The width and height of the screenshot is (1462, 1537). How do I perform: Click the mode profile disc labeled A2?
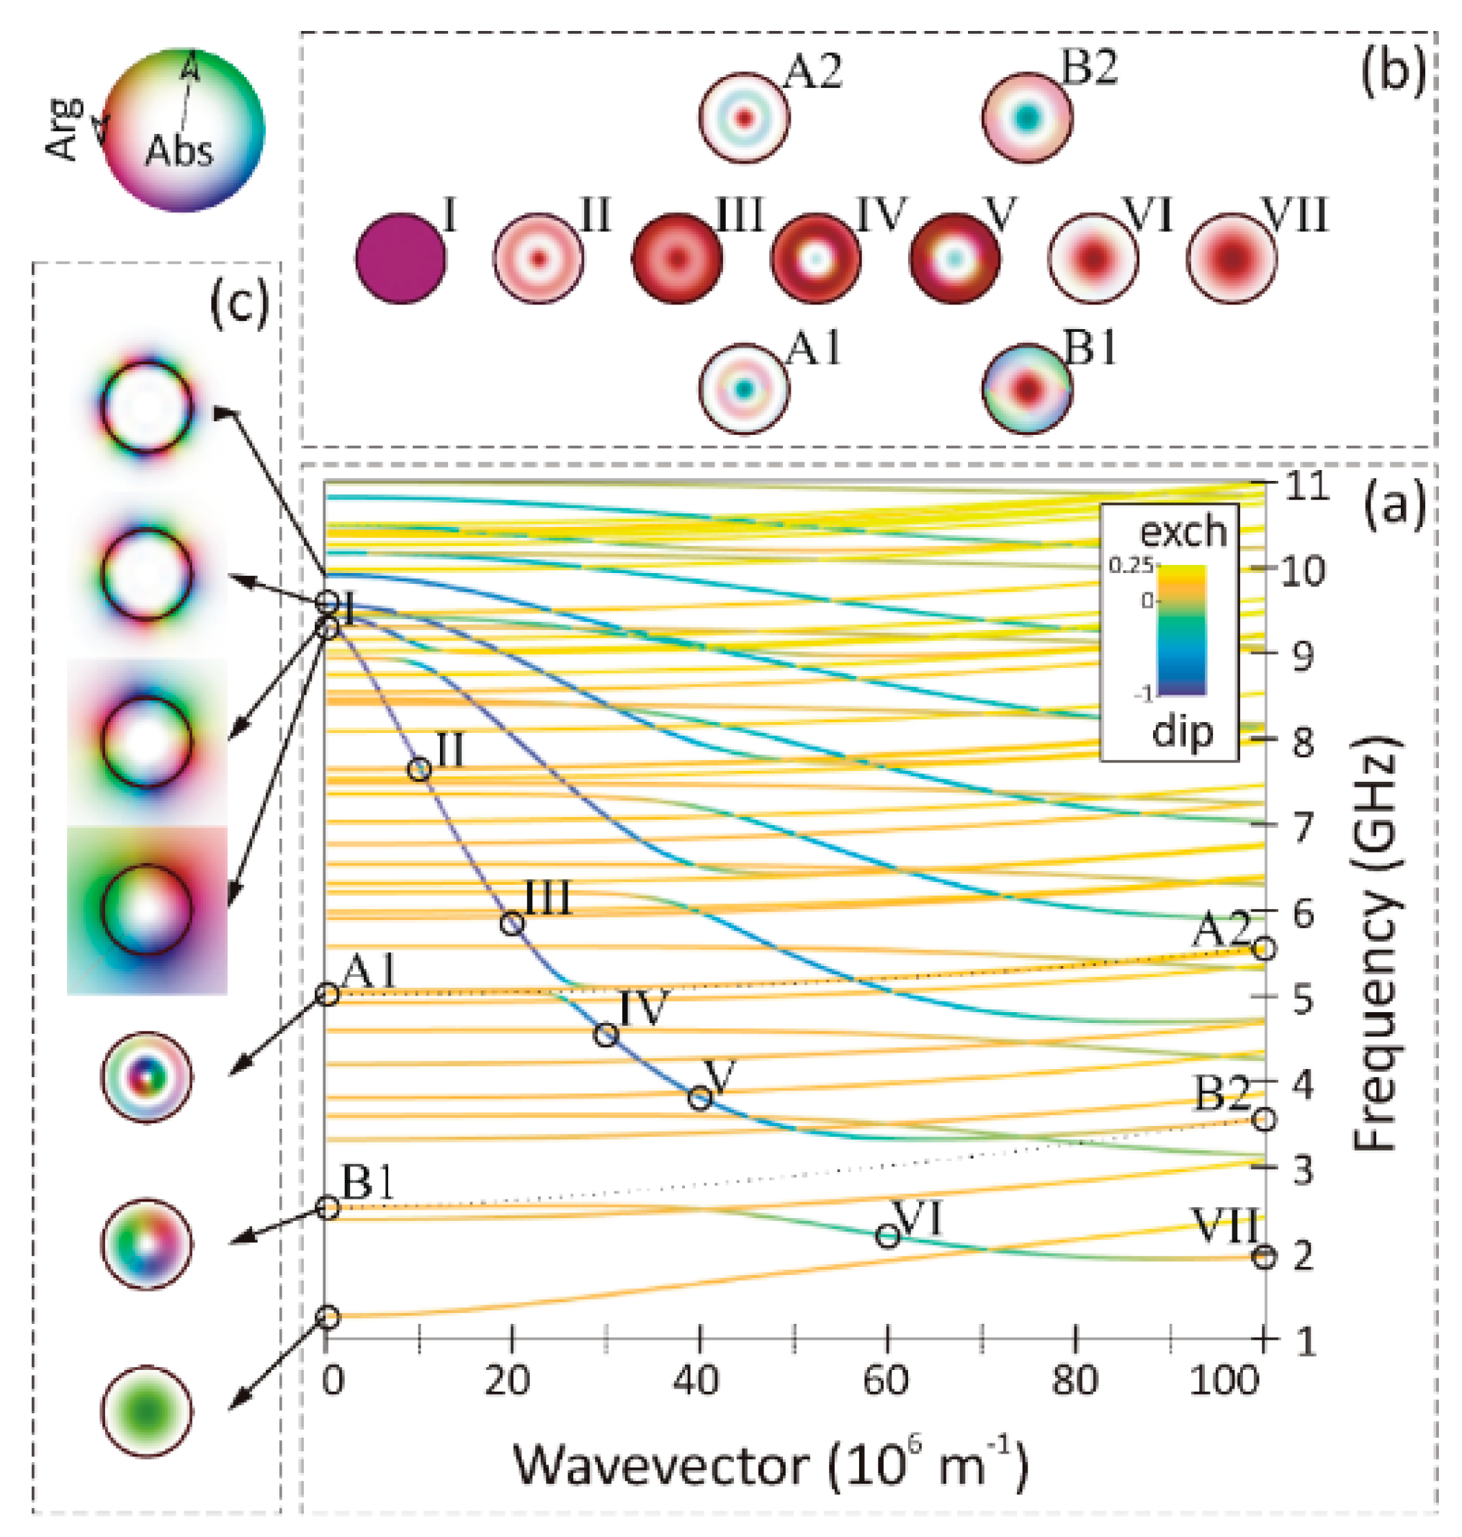tap(744, 118)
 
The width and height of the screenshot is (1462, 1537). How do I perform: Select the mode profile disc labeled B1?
tap(1027, 388)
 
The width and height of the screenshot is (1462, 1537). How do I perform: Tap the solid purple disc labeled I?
tap(400, 258)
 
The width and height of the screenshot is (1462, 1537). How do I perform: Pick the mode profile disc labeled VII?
tap(1232, 258)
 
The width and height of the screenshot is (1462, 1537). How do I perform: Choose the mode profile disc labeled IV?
tap(816, 258)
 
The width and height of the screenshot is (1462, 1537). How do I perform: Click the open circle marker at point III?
tap(511, 924)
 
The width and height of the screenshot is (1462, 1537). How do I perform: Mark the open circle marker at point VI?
tap(887, 1235)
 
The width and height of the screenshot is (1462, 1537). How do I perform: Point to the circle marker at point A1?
tap(328, 995)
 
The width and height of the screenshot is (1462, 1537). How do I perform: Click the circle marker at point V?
tap(700, 1099)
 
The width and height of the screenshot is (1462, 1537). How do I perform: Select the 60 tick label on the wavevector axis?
tap(886, 1382)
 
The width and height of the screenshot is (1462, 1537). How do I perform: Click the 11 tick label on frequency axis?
tap(1306, 486)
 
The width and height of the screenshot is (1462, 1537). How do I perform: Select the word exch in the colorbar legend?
tap(1183, 532)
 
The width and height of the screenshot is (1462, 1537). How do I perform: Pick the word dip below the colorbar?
tap(1183, 732)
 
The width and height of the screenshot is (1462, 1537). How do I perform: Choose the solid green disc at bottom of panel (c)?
tap(146, 1411)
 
